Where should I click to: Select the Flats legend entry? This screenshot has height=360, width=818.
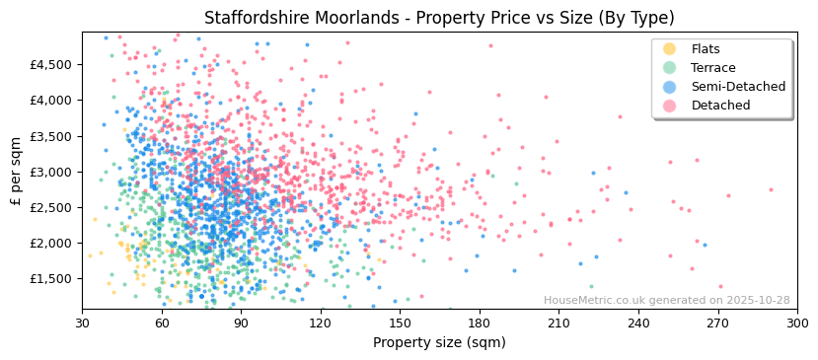coord(705,49)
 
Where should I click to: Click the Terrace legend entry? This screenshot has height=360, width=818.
coord(712,68)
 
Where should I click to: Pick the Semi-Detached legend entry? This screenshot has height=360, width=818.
coord(738,87)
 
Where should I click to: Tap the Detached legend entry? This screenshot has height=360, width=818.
coord(720,106)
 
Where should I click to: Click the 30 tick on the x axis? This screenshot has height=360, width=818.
coord(83,324)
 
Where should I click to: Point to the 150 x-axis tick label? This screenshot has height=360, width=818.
coord(400,324)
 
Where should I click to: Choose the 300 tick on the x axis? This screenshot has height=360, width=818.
coord(796,324)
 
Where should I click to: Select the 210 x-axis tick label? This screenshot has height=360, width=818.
coord(558,324)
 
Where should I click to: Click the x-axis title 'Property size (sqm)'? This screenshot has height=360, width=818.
coord(439,343)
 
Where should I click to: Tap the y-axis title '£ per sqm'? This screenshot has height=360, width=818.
coord(16,172)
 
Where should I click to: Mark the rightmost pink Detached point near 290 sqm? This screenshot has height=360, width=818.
coord(771,189)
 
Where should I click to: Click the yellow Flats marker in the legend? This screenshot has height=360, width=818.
coord(669,49)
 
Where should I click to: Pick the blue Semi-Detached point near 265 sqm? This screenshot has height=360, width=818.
coord(705,245)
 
